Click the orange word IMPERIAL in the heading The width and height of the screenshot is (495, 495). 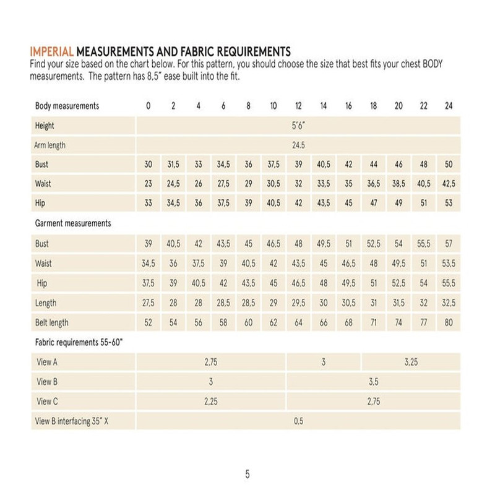pyautogui.click(x=51, y=51)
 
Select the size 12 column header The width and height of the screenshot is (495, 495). pyautogui.click(x=298, y=106)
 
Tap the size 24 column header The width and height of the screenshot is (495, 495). pyautogui.click(x=449, y=106)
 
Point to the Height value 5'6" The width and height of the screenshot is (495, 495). pyautogui.click(x=298, y=126)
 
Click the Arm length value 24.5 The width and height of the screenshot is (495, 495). pyautogui.click(x=298, y=145)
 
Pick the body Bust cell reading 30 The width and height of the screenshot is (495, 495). pyautogui.click(x=148, y=165)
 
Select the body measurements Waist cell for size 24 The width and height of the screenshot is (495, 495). pyautogui.click(x=449, y=184)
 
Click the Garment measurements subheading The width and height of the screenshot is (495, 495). pyautogui.click(x=73, y=224)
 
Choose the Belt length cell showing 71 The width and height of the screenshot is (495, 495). pyautogui.click(x=374, y=322)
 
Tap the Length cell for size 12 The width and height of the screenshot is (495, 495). pyautogui.click(x=298, y=303)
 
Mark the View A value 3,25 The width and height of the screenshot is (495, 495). pyautogui.click(x=411, y=362)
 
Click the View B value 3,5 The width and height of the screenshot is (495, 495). pyautogui.click(x=374, y=382)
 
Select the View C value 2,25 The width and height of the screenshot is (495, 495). pyautogui.click(x=211, y=402)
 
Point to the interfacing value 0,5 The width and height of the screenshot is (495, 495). pyautogui.click(x=298, y=421)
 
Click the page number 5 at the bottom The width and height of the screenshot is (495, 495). pyautogui.click(x=247, y=475)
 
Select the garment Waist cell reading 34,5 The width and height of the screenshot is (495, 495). pyautogui.click(x=148, y=264)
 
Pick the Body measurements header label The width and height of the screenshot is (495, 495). pyautogui.click(x=67, y=106)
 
